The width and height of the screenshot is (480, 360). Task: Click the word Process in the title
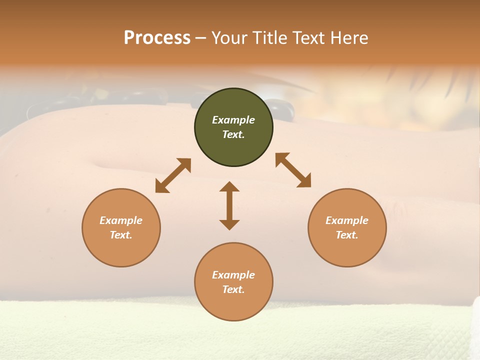[x=157, y=38]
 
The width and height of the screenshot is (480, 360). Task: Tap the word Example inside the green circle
[x=233, y=120]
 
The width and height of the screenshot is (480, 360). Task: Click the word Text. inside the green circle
[x=233, y=134]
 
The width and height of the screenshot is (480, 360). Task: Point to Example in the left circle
[x=121, y=220]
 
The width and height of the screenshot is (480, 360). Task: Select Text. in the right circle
[x=347, y=235]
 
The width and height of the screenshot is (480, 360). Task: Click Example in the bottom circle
[x=233, y=275]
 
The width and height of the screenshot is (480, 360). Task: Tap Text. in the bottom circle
[x=233, y=289]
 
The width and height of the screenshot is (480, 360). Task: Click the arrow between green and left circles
[x=173, y=175]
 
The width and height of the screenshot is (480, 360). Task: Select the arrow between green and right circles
[x=293, y=170]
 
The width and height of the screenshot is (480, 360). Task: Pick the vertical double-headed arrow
[x=229, y=205]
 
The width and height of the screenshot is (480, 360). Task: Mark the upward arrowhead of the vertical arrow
[x=229, y=187]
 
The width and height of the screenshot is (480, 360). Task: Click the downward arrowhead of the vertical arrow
[x=229, y=224]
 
